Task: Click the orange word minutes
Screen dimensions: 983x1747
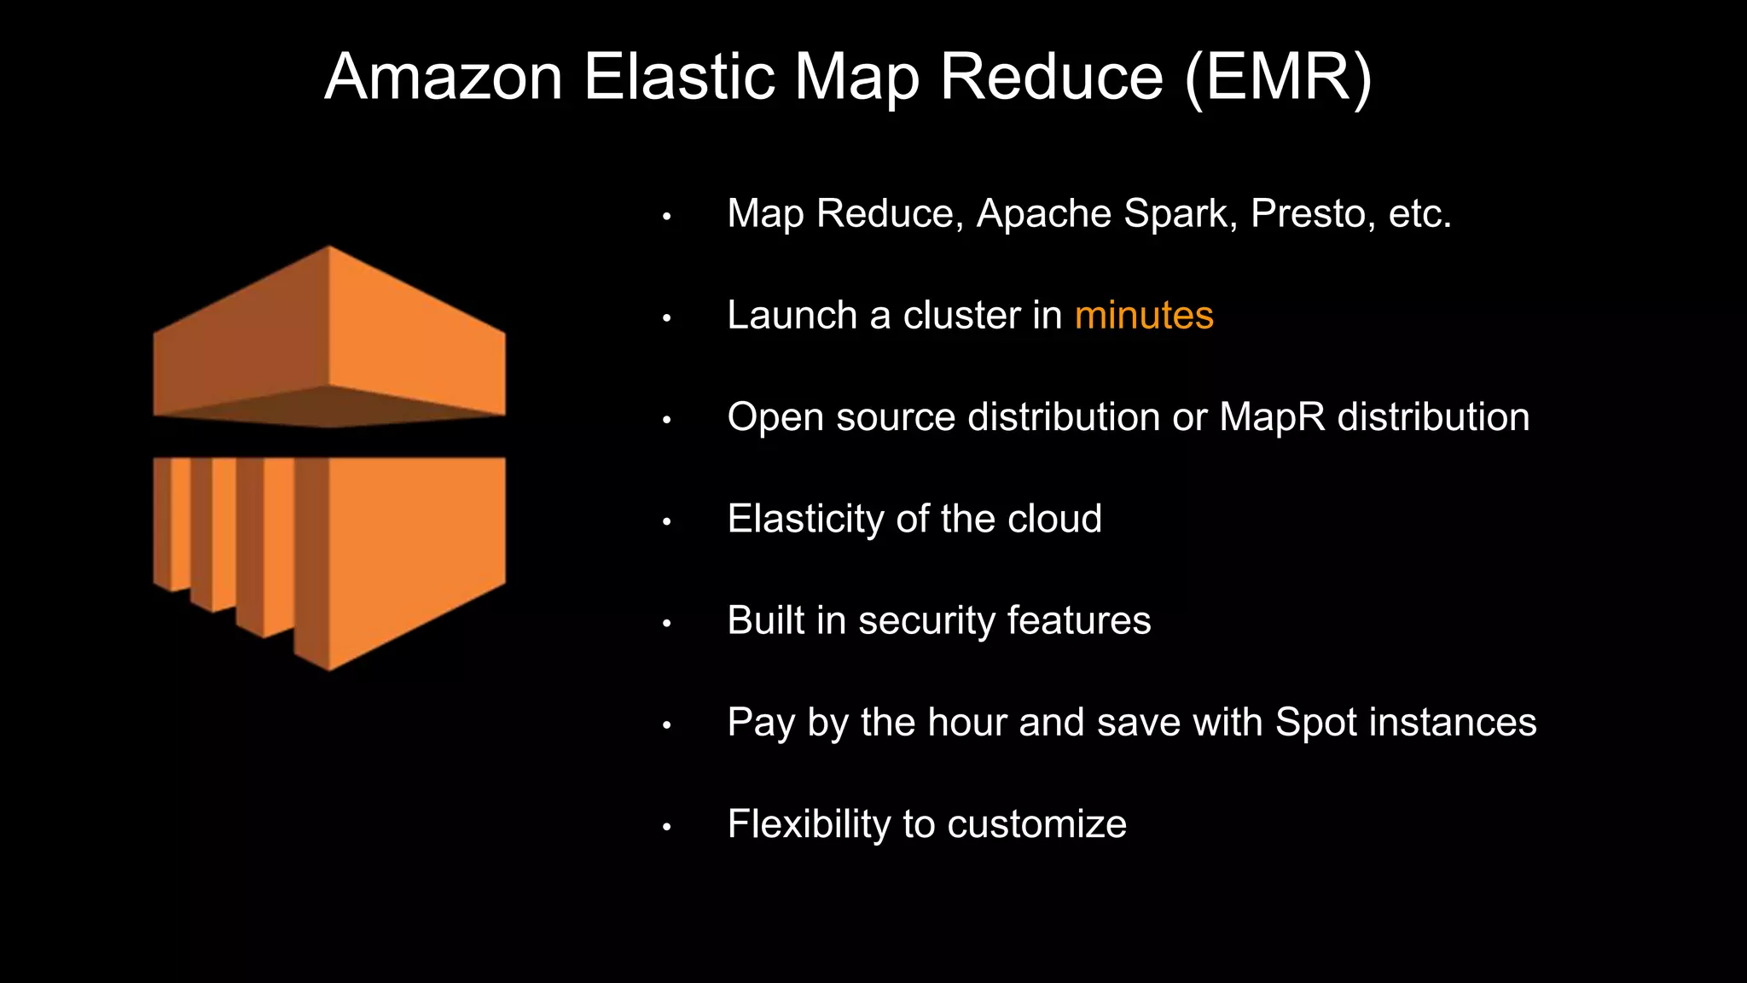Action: coord(1144,316)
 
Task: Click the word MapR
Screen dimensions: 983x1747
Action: coord(1272,417)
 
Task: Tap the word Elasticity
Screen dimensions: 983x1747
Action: coord(805,519)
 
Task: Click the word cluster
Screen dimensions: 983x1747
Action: coord(961,316)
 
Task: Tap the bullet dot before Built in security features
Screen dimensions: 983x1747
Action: coord(667,624)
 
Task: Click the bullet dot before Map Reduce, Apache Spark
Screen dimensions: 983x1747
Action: coord(667,217)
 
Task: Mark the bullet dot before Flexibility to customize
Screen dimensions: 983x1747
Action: coord(667,827)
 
